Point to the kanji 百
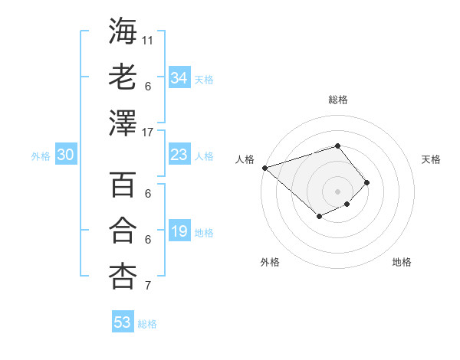point(123,185)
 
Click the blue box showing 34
point(179,78)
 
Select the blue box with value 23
point(179,155)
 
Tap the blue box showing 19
point(179,231)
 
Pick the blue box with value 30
point(65,155)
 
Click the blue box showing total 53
point(123,322)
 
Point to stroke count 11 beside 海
point(148,39)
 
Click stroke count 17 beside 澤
point(148,133)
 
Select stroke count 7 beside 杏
point(147,286)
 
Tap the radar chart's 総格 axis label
point(337,100)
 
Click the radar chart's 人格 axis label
point(245,159)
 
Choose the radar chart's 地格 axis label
point(402,262)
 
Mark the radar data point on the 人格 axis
point(264,167)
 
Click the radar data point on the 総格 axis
point(337,146)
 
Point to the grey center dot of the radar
point(337,191)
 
